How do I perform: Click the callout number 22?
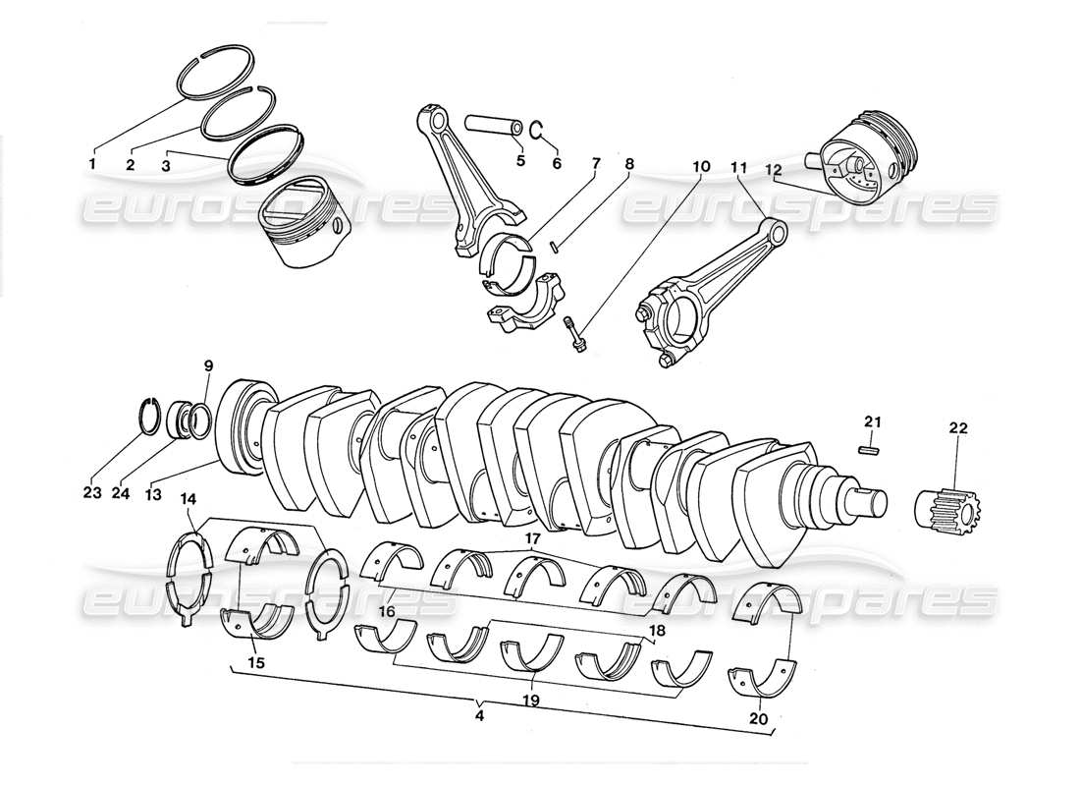click(957, 428)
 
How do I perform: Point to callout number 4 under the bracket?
click(479, 717)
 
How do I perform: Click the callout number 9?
click(208, 365)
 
